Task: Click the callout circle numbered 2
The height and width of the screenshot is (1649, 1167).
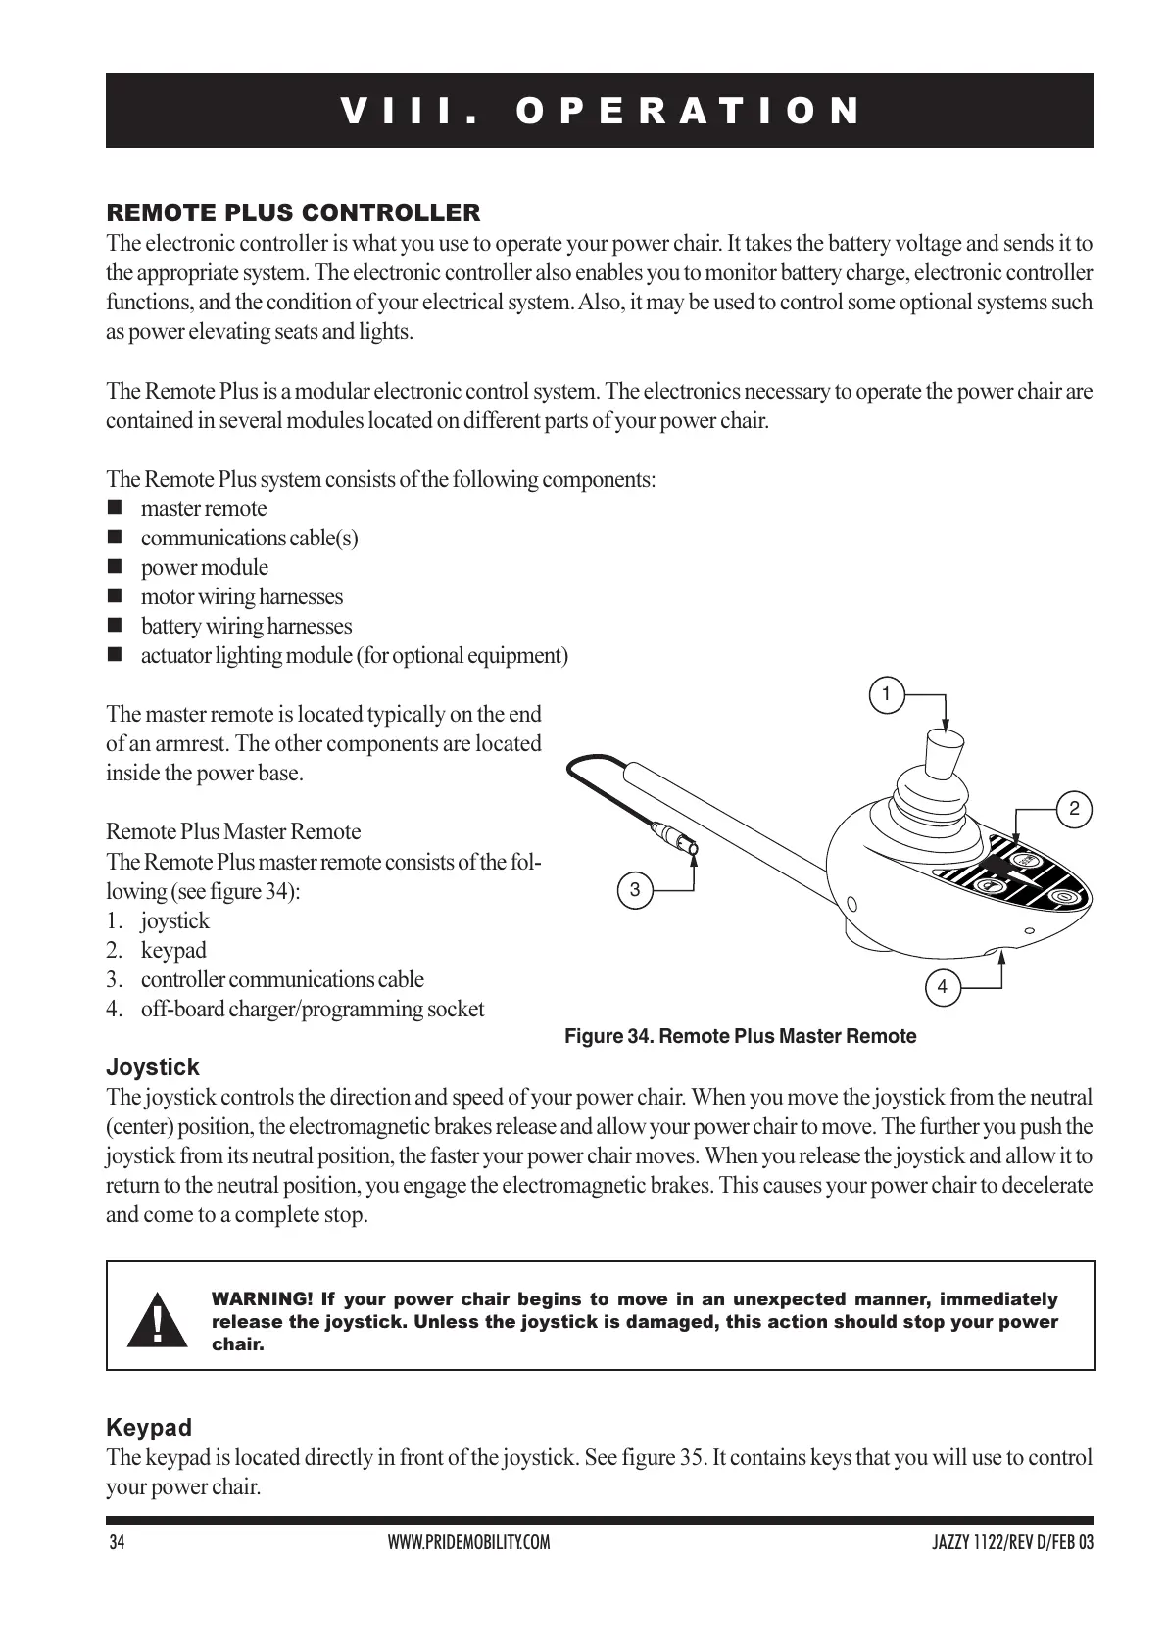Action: (1075, 810)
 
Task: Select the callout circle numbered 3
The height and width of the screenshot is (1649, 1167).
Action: (635, 890)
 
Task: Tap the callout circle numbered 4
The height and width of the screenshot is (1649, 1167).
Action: (943, 987)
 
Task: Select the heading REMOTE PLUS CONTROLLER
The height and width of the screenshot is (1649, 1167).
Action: (293, 212)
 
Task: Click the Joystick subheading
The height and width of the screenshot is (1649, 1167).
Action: (152, 1067)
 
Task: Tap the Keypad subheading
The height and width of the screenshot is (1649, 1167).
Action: (149, 1427)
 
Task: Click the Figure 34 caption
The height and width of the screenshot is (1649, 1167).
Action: (741, 1036)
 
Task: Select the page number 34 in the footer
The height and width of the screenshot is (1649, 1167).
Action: (117, 1543)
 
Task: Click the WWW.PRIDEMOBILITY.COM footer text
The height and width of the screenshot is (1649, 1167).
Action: (469, 1543)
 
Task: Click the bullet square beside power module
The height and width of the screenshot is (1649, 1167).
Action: (116, 567)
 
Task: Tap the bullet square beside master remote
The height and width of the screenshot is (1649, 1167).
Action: (116, 508)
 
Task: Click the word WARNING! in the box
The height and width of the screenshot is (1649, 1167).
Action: (262, 1299)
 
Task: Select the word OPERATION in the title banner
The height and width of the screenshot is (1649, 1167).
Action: (689, 111)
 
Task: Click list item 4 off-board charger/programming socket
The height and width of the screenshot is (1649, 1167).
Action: (312, 1009)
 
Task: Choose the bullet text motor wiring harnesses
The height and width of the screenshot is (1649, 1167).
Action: (242, 596)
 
